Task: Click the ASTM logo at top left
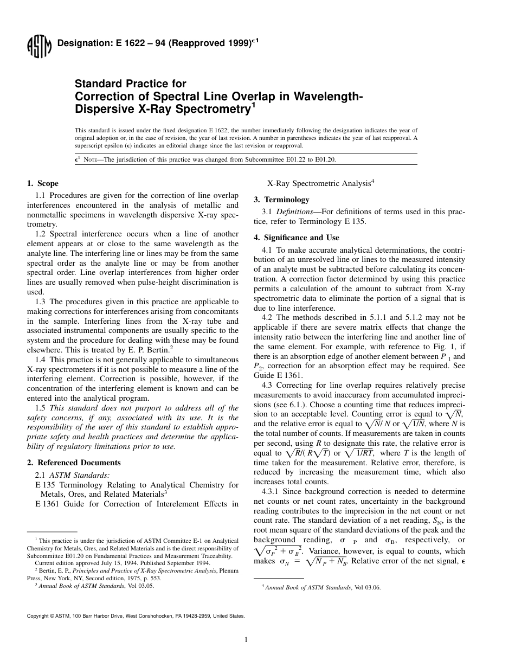pyautogui.click(x=38, y=47)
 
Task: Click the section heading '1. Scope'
pyautogui.click(x=43, y=183)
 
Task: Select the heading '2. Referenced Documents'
pyautogui.click(x=74, y=463)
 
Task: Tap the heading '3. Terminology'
pyautogui.click(x=281, y=200)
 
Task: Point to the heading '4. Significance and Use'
pyautogui.click(x=297, y=238)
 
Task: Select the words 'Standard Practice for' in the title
pyautogui.click(x=130, y=84)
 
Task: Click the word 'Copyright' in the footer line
pyautogui.click(x=38, y=615)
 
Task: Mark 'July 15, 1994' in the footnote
pyautogui.click(x=101, y=563)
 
